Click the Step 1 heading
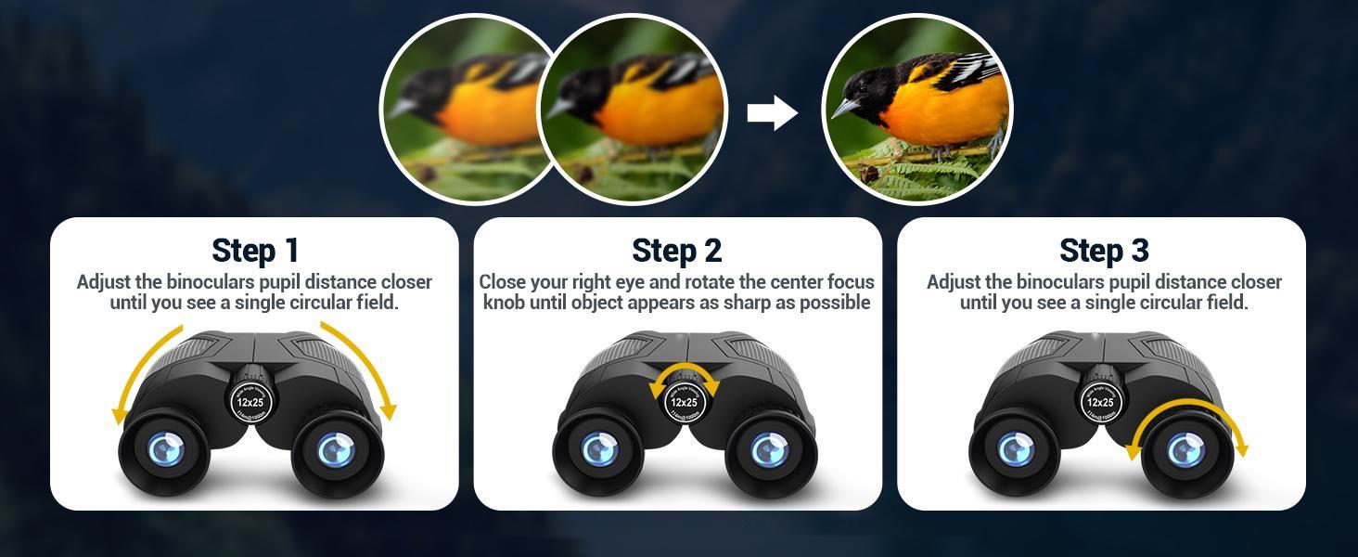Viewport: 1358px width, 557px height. pos(255,251)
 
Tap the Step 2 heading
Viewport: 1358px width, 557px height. pos(676,251)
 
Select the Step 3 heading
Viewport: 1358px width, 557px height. pos(1104,251)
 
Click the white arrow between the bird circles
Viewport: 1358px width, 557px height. pos(772,113)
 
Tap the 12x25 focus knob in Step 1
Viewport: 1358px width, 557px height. pos(250,402)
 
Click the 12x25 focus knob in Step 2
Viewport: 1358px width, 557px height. pos(684,402)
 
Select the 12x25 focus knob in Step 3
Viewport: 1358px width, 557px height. pos(1100,402)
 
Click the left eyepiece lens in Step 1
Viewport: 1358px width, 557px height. pos(166,450)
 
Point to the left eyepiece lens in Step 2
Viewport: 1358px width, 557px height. pos(600,450)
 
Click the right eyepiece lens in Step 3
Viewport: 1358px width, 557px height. pos(1184,451)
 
